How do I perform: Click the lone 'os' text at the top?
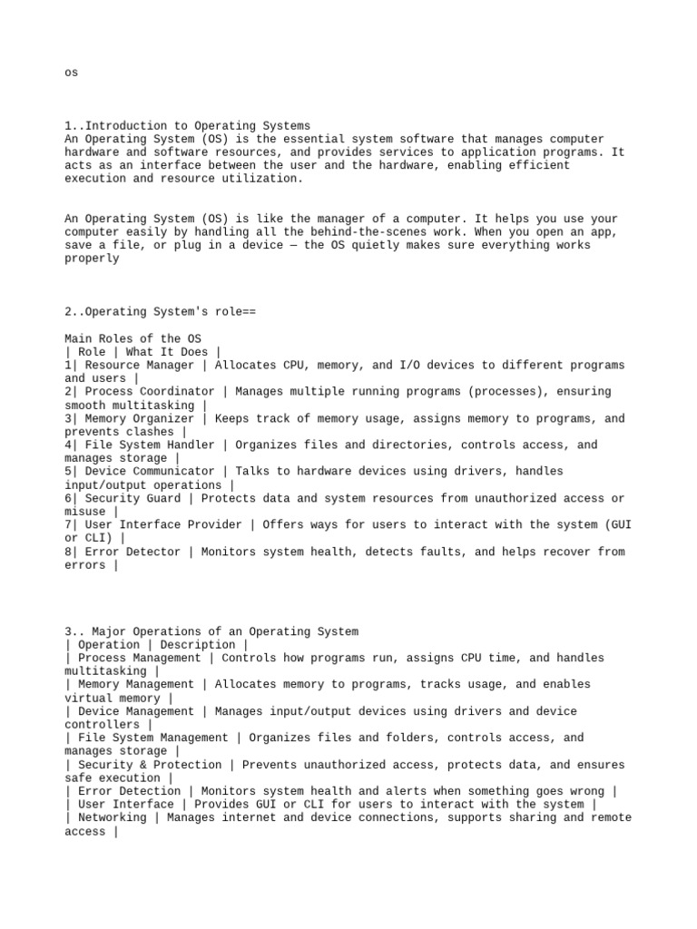pos(72,73)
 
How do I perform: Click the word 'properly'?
pos(92,259)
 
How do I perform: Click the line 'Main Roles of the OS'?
pos(133,338)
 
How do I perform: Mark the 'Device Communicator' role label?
pos(149,472)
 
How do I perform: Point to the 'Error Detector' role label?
pos(132,552)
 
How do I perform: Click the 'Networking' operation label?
pos(112,817)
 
